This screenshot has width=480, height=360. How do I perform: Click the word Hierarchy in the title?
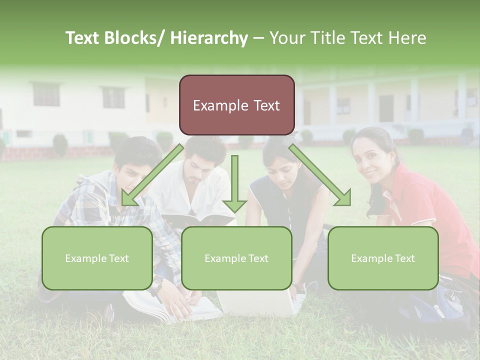pos(209,38)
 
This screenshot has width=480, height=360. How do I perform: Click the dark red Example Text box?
pos(236,105)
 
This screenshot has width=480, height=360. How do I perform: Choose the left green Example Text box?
pos(97,258)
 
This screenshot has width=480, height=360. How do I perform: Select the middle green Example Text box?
pos(236,258)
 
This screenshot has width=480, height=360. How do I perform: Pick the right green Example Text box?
pos(383,258)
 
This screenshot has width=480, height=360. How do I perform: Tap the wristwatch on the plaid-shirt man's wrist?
pos(157,285)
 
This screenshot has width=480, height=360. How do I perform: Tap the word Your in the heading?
pos(287,38)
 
